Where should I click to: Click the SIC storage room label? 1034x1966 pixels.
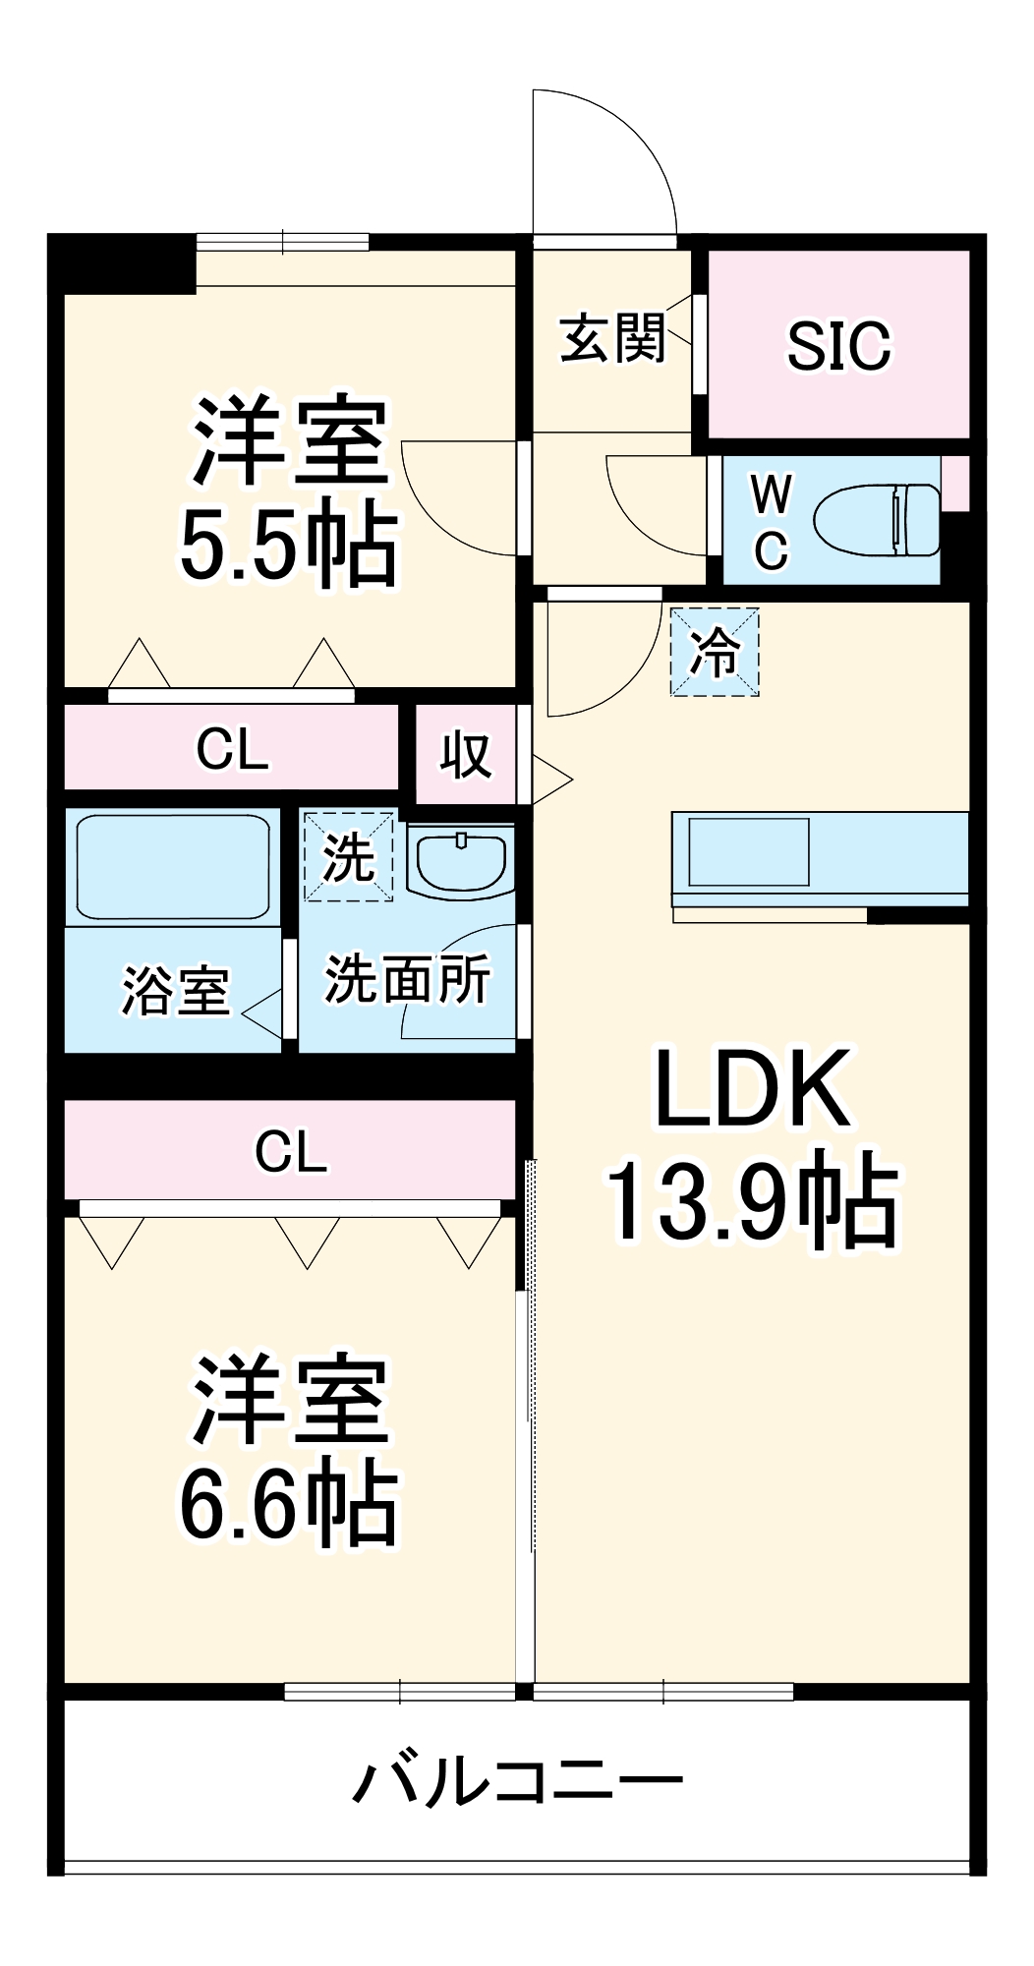tap(838, 345)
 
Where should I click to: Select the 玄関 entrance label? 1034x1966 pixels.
tap(612, 338)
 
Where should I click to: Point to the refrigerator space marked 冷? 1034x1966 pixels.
tap(715, 652)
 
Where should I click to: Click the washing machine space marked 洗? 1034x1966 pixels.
tap(348, 856)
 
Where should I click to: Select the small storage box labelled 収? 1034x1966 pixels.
tap(465, 755)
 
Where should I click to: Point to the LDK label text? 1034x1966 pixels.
tap(752, 1089)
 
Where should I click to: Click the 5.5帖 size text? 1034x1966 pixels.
tap(288, 547)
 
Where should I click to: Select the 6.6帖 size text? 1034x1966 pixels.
tap(288, 1505)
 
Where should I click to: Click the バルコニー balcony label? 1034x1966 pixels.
tap(517, 1780)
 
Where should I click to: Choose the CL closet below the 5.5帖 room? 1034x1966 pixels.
tap(232, 750)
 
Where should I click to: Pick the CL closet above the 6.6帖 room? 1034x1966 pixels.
tap(290, 1150)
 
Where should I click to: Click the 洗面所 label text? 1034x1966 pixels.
tap(407, 979)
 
